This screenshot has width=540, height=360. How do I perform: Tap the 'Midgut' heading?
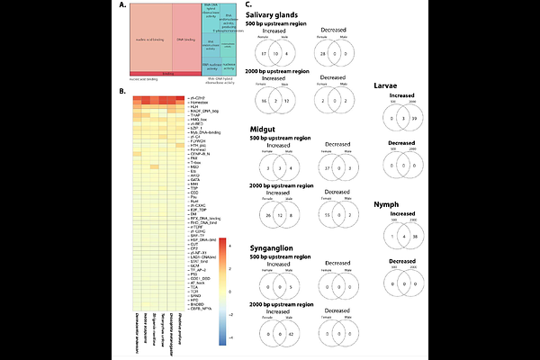[263, 130]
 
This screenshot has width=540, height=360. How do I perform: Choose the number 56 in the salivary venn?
[262, 100]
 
